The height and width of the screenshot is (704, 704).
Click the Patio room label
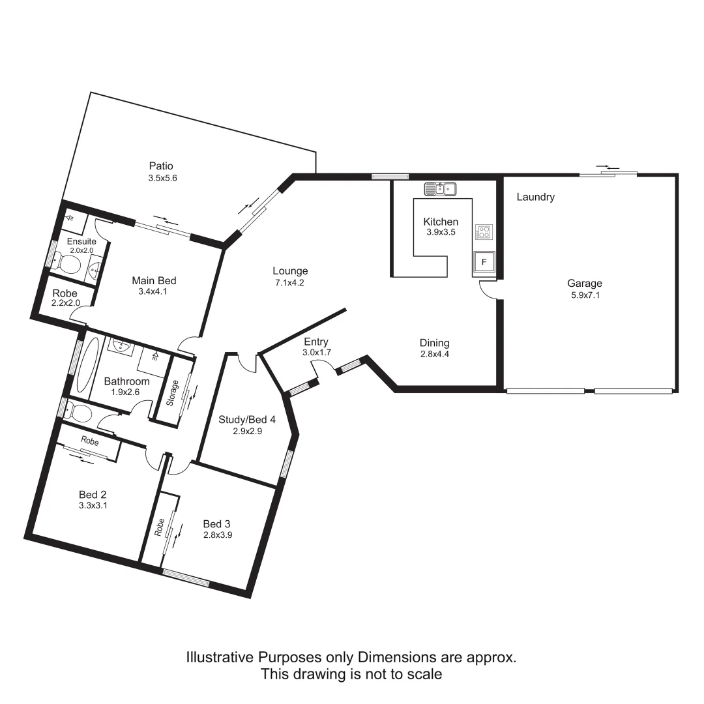click(x=160, y=166)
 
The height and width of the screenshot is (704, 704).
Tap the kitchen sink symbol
click(x=440, y=189)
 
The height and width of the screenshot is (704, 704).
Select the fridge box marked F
click(x=484, y=262)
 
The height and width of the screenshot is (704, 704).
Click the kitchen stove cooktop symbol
click(x=484, y=232)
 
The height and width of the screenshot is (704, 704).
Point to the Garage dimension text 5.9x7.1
click(x=584, y=295)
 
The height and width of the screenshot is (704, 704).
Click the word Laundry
click(x=535, y=197)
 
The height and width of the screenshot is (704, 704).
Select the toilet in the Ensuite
click(x=66, y=263)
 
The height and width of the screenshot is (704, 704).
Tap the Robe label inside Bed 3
click(x=159, y=527)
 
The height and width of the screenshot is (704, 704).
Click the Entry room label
click(x=316, y=342)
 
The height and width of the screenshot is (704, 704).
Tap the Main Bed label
click(x=154, y=281)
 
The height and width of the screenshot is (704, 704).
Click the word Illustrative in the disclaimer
click(x=220, y=657)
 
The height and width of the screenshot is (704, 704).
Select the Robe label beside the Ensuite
click(x=65, y=293)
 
